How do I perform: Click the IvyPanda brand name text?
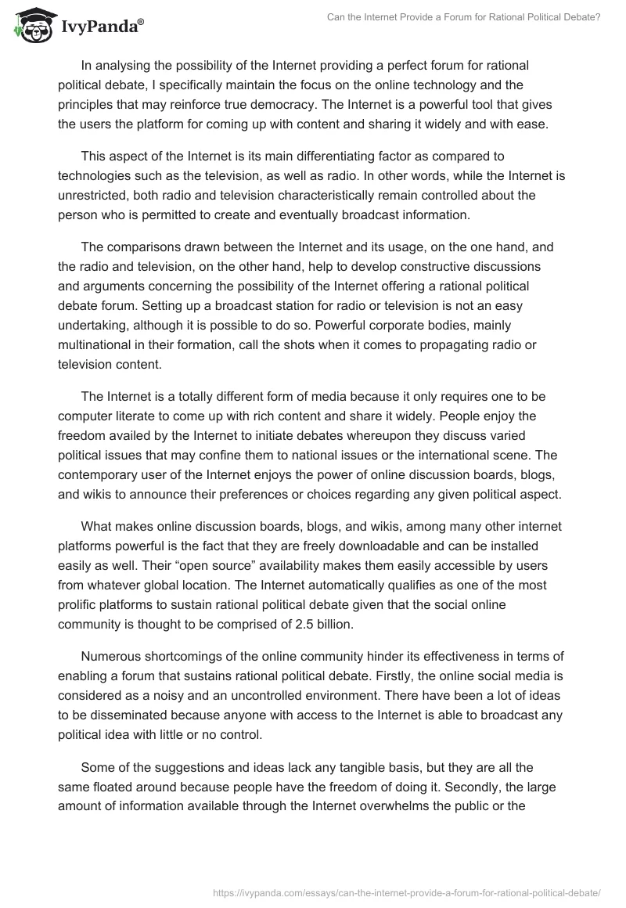(x=99, y=27)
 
